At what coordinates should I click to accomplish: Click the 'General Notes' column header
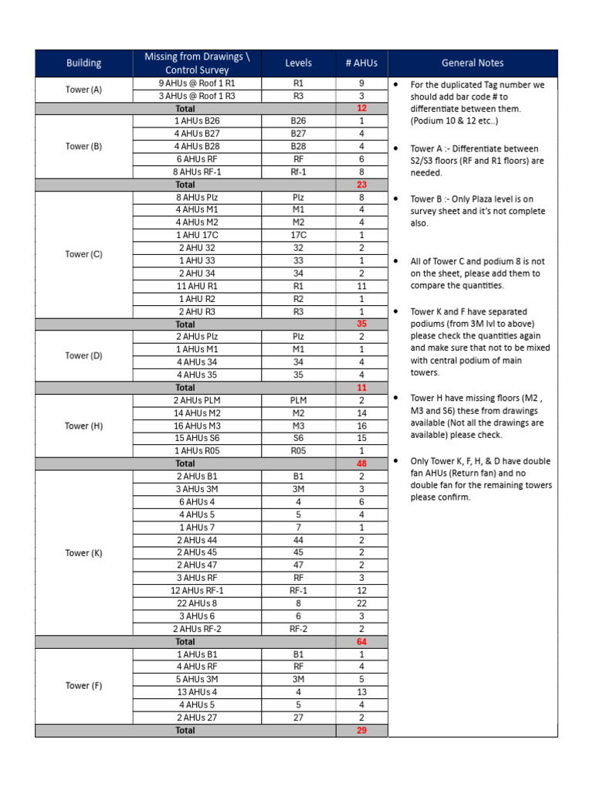point(472,63)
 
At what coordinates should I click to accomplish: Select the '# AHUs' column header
point(361,63)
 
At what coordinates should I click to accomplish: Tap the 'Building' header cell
point(83,63)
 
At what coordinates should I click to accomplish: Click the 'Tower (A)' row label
point(83,90)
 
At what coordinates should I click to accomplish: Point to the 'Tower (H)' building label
point(83,426)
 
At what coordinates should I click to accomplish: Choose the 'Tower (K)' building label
point(83,553)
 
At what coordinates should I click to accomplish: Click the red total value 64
point(361,642)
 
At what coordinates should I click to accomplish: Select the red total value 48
point(361,463)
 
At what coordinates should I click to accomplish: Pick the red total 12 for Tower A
point(361,109)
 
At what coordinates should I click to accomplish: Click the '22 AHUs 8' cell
point(197,603)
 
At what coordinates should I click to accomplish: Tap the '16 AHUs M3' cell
point(197,426)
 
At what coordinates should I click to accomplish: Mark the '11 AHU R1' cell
point(197,286)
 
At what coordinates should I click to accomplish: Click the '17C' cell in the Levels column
point(298,236)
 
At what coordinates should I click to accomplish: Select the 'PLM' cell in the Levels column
point(298,400)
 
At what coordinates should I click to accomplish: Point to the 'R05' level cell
point(298,451)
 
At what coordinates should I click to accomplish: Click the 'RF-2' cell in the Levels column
point(298,629)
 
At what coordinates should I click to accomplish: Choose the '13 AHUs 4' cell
point(197,692)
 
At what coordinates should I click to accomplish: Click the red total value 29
point(361,730)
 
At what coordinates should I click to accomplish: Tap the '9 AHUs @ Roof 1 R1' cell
point(197,83)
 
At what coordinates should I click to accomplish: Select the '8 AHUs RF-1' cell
point(197,172)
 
